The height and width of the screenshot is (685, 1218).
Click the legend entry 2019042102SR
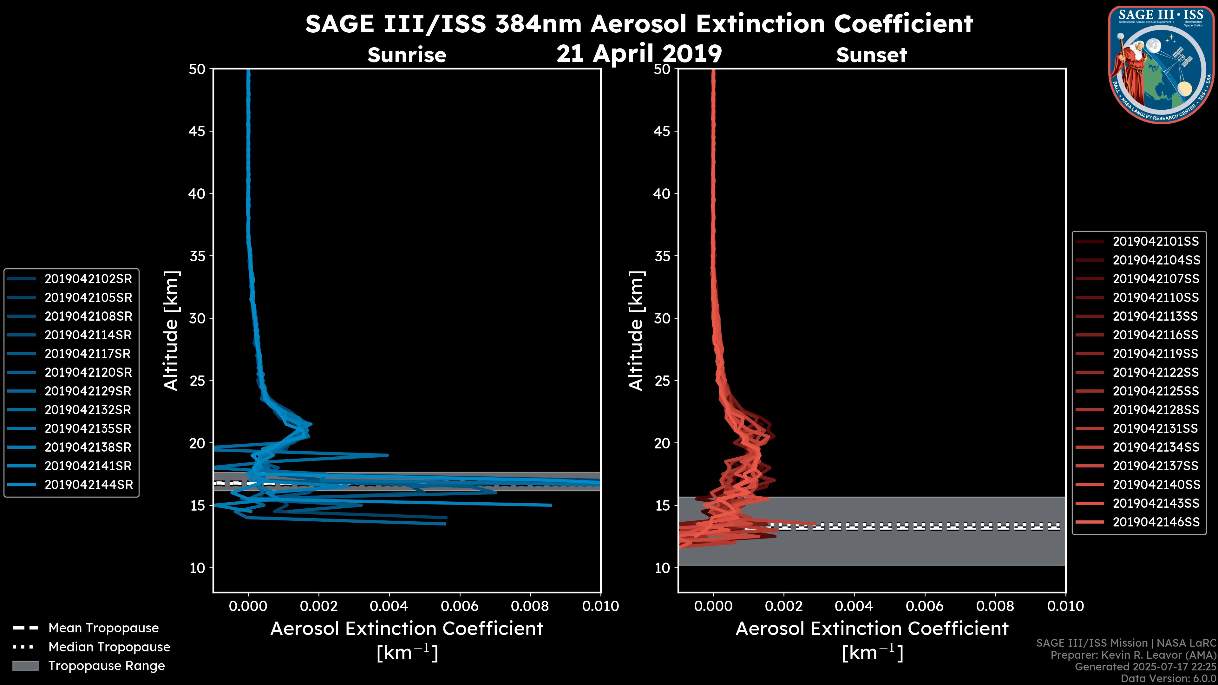coord(88,279)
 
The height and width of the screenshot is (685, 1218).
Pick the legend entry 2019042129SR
coord(88,391)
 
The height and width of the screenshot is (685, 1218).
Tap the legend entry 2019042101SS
coord(1156,242)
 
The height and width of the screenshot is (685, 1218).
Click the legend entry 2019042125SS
coord(1156,391)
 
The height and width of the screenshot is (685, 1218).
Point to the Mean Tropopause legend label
coord(103,628)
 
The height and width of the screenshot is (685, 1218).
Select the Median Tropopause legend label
coord(109,647)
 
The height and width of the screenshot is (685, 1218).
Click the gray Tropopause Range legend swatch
coord(25,666)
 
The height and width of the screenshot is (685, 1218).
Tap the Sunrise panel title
coord(407,55)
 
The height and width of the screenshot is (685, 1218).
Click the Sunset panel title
coord(871,55)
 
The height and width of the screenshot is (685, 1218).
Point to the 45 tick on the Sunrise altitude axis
coord(198,131)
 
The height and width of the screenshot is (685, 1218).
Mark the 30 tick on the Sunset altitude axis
coord(662,318)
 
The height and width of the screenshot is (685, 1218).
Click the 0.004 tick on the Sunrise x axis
coord(389,606)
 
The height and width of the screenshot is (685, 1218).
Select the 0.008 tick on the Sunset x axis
coord(995,606)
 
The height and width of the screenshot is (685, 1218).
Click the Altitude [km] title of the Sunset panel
coord(636,331)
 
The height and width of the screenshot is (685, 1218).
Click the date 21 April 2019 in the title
coord(639,53)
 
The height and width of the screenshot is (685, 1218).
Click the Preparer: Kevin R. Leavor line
coord(1133,655)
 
